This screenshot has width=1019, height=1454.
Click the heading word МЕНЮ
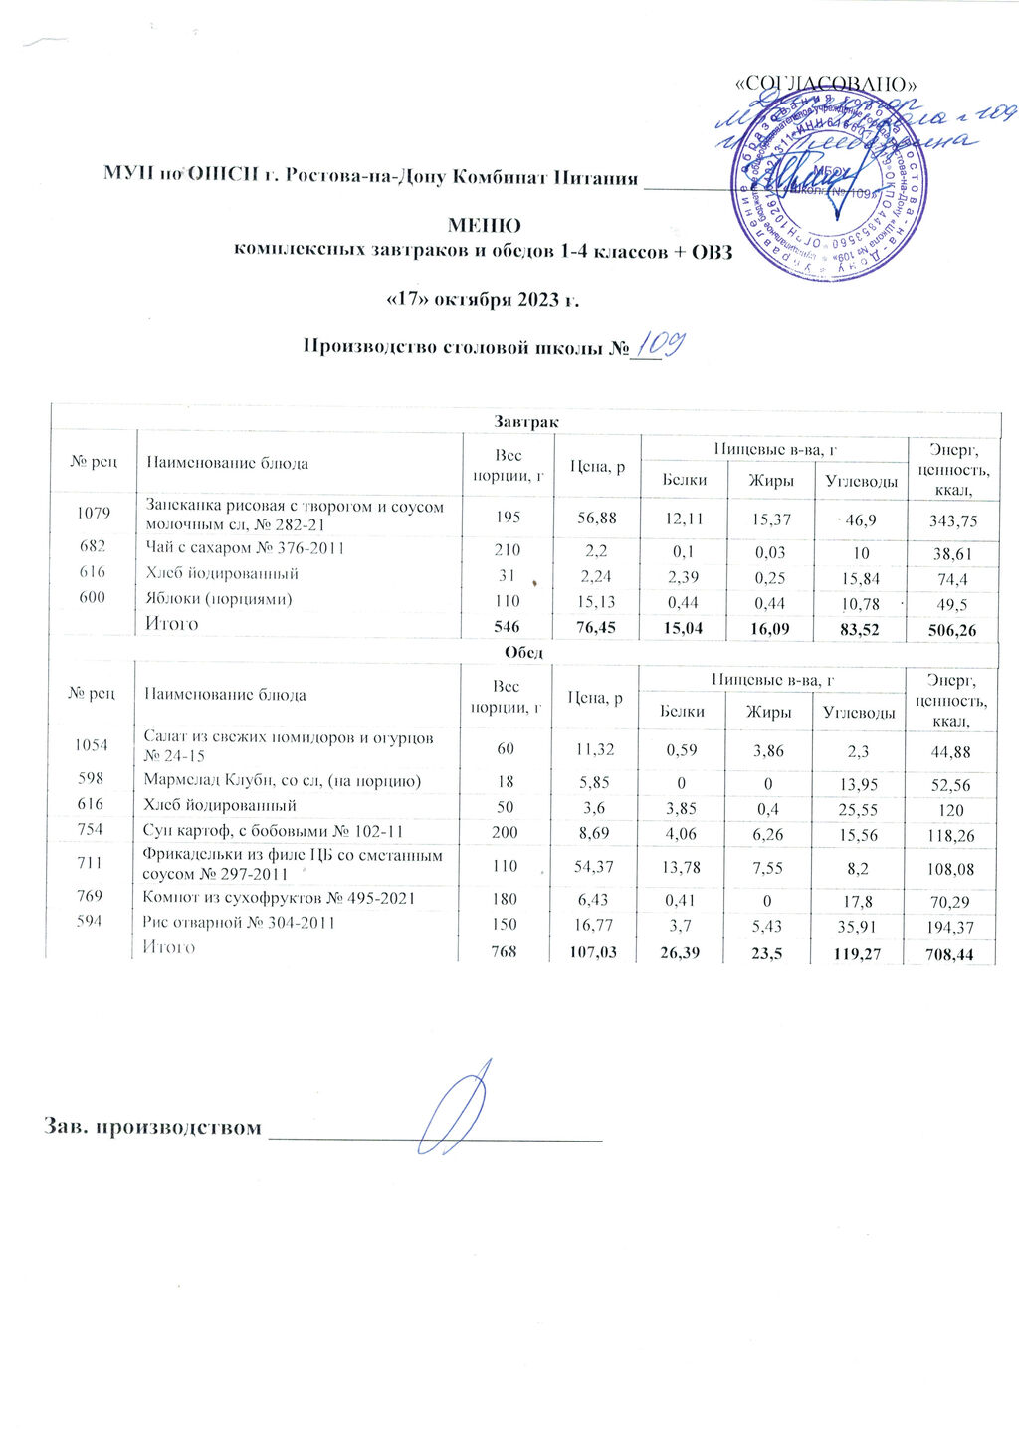coord(484,226)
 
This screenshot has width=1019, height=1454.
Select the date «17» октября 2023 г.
coord(482,300)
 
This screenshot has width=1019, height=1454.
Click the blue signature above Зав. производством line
coord(454,1105)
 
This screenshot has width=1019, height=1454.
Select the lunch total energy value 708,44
coord(949,955)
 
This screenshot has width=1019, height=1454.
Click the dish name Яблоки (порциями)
coord(219,599)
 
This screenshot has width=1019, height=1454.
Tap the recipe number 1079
coord(93,513)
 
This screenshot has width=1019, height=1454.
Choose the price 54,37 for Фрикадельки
coord(593,867)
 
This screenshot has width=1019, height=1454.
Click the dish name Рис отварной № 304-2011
coord(239,923)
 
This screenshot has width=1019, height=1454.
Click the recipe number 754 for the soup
coord(91,829)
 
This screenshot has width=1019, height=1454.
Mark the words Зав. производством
coord(152,1128)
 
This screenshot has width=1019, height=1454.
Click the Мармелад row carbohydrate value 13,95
coord(855,783)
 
